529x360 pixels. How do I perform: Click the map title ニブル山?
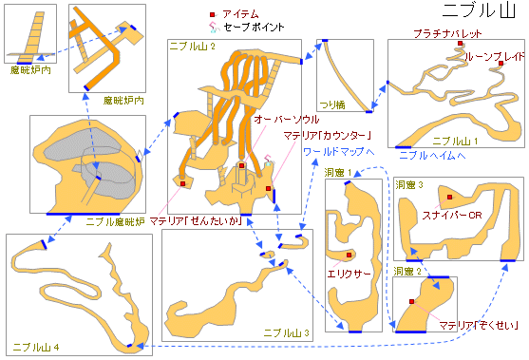[x=479, y=10]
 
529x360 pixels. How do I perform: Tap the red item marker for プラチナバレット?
[x=461, y=43]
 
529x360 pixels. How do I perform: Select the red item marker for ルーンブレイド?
[x=501, y=64]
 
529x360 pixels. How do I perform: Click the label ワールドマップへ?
[x=339, y=152]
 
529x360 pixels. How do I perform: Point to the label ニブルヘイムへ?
[x=432, y=155]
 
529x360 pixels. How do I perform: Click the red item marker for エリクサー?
[x=350, y=256]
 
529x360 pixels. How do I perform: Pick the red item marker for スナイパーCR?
[x=450, y=197]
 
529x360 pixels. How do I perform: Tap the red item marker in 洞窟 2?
[x=411, y=302]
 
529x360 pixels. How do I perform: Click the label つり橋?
[x=332, y=104]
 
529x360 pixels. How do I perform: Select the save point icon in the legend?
[x=214, y=27]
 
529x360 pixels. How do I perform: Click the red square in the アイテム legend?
[x=212, y=14]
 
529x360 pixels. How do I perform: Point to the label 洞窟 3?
[x=409, y=185]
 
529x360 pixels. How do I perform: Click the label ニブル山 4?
[x=36, y=348]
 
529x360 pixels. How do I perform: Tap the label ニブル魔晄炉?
[x=115, y=221]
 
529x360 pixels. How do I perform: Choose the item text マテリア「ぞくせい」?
[x=479, y=326]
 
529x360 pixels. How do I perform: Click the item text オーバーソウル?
[x=287, y=119]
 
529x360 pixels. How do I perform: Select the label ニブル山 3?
[x=286, y=333]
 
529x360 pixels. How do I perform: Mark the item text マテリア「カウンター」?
[x=328, y=136]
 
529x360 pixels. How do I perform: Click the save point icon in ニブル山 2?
[x=269, y=160]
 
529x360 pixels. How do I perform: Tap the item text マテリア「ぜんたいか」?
[x=196, y=221]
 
